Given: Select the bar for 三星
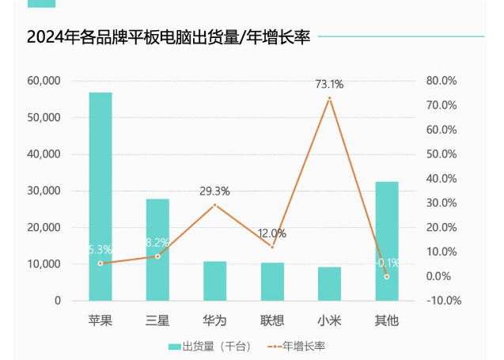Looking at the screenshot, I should pyautogui.click(x=157, y=249).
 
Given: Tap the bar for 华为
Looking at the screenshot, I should pyautogui.click(x=215, y=281).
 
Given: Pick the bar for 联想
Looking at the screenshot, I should pyautogui.click(x=272, y=282).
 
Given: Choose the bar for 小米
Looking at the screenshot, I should pyautogui.click(x=329, y=283).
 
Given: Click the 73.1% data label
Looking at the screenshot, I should pyautogui.click(x=329, y=84).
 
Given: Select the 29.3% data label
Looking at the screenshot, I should pyautogui.click(x=215, y=191).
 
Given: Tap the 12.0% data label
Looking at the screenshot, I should pyautogui.click(x=272, y=233).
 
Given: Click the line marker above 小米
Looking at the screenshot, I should pyautogui.click(x=329, y=98).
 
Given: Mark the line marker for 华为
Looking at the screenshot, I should pyautogui.click(x=215, y=205).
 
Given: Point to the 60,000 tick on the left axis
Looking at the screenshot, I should pyautogui.click(x=44, y=81).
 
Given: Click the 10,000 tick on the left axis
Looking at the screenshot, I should pyautogui.click(x=44, y=264).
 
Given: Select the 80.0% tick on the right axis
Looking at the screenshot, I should pyautogui.click(x=441, y=81).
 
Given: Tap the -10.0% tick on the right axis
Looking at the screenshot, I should pyautogui.click(x=443, y=301).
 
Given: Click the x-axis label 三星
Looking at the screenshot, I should pyautogui.click(x=157, y=320).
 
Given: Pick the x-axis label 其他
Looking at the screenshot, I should pyautogui.click(x=387, y=320).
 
